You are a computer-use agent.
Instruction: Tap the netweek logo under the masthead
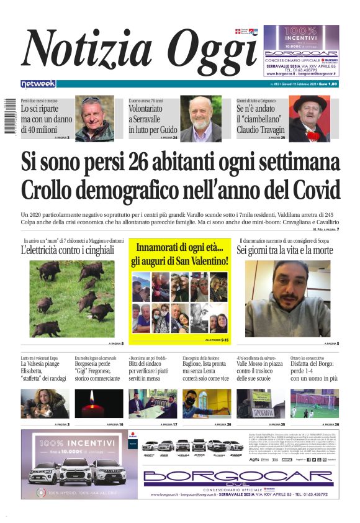coord(38,84)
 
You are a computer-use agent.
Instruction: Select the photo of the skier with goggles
coord(94,119)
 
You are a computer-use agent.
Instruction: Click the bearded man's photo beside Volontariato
coord(200,119)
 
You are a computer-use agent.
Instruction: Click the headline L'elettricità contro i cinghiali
coord(68,250)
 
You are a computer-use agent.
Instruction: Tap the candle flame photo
coord(99,403)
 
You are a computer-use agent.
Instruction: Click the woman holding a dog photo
coord(45,403)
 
